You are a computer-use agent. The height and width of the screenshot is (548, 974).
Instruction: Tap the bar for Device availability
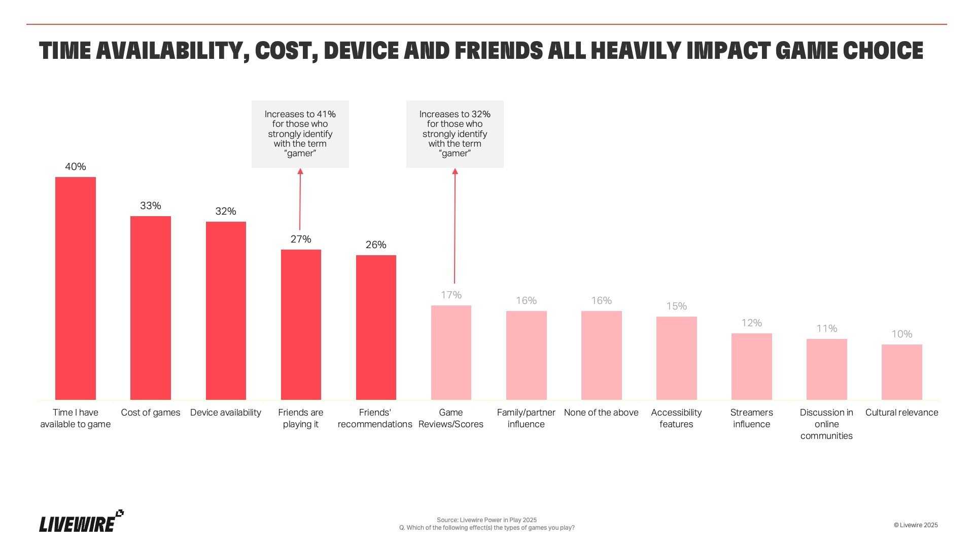(x=226, y=311)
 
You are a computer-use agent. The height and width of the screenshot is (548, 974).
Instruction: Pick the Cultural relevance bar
(x=901, y=372)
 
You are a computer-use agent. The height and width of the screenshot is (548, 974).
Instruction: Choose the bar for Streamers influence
(x=751, y=366)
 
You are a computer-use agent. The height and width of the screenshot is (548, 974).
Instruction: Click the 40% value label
(x=76, y=166)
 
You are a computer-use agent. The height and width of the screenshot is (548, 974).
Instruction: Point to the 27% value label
(x=301, y=239)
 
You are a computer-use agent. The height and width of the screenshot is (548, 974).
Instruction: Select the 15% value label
(x=676, y=306)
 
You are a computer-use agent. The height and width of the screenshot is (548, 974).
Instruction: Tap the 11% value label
(x=826, y=328)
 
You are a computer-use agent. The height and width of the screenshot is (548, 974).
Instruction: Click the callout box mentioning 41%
(x=300, y=134)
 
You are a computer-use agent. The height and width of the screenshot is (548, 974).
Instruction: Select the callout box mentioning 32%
(x=455, y=134)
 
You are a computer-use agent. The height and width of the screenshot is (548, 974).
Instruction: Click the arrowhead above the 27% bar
(x=300, y=172)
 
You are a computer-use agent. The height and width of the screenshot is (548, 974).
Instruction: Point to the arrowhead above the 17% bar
(x=455, y=172)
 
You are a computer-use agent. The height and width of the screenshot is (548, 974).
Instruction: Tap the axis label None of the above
(x=601, y=413)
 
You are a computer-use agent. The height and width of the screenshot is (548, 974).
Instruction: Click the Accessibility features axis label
(x=676, y=418)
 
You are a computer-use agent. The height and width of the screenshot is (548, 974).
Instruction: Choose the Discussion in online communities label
(x=826, y=424)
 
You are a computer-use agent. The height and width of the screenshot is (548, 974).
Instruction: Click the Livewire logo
(x=81, y=522)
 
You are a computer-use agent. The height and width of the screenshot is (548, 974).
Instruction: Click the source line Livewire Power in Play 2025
(x=486, y=520)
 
